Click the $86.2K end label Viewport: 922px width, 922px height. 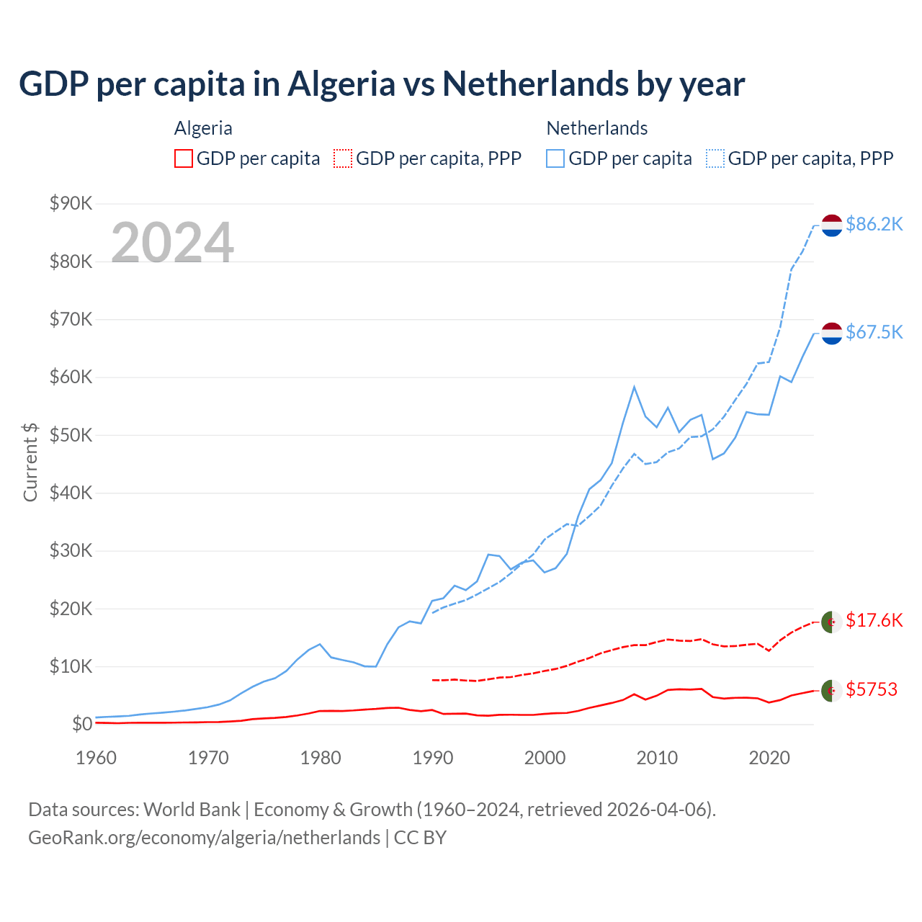[874, 225]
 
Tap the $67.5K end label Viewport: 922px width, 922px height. [874, 332]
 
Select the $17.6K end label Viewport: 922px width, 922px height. [874, 621]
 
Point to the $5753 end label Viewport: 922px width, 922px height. [871, 690]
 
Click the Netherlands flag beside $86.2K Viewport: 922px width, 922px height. [832, 225]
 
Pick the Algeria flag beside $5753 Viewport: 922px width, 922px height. [832, 690]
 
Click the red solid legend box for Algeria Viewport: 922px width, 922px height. [184, 158]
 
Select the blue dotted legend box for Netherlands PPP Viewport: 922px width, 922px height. [715, 158]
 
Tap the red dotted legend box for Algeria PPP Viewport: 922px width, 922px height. [343, 158]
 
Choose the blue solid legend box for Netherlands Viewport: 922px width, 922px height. [555, 158]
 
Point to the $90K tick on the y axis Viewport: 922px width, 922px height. [71, 204]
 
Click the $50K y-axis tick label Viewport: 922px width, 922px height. [71, 435]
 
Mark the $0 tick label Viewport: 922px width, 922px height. [82, 725]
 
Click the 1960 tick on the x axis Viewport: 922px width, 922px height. [96, 758]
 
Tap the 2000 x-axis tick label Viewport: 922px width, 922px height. [545, 758]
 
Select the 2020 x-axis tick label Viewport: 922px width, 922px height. [769, 758]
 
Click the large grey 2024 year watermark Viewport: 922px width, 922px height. [172, 243]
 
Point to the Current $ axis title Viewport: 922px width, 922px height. [30, 462]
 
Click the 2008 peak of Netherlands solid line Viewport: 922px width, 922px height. [634, 387]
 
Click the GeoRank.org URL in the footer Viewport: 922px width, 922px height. [204, 838]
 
